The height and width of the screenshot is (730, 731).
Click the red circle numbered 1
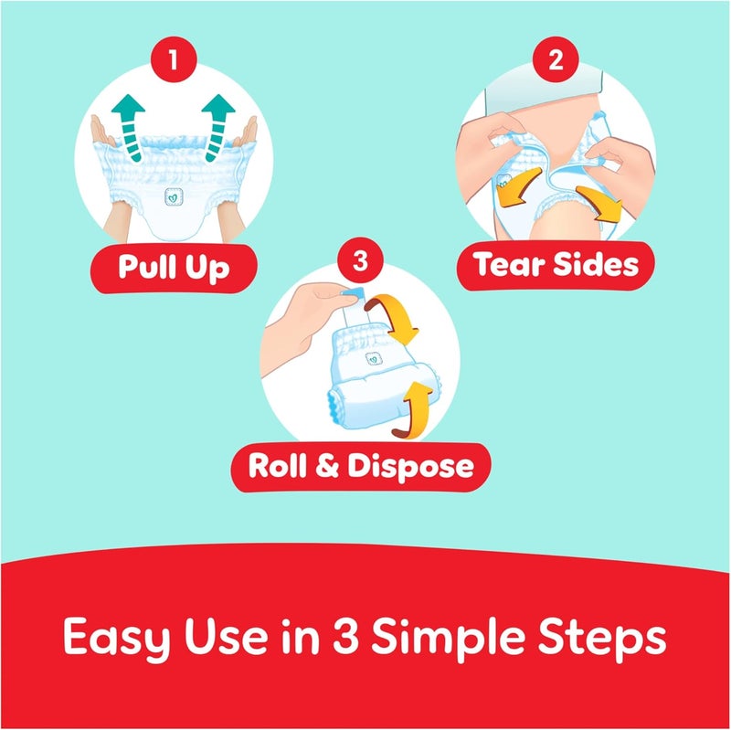point(174,59)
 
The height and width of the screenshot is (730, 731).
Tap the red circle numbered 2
point(556,59)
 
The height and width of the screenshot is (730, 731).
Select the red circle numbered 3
point(360,260)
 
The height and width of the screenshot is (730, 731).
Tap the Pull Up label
point(174,268)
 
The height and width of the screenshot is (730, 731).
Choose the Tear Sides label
point(556,265)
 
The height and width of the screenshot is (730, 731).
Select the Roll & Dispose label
point(361,467)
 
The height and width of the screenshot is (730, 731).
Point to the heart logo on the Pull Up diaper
point(174,197)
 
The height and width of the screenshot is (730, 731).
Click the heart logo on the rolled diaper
point(374,358)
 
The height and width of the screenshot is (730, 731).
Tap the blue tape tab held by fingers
point(353,294)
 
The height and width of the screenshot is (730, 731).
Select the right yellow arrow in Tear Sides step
point(599,203)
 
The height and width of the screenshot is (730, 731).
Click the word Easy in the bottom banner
point(117,638)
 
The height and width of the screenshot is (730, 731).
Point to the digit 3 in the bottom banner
point(345,635)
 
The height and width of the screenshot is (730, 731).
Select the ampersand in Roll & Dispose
point(327,466)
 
